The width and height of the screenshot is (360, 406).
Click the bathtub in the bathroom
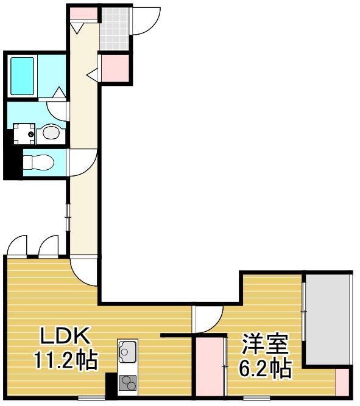click(22, 75)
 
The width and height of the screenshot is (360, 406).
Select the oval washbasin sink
click(51, 132)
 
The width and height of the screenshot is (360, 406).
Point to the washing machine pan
click(24, 133)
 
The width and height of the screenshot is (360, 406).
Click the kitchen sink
click(129, 351)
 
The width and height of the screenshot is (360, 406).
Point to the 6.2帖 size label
click(263, 368)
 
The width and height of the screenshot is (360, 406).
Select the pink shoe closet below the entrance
click(115, 68)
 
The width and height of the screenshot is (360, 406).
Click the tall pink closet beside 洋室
click(209, 365)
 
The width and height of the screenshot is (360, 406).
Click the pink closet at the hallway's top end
click(82, 13)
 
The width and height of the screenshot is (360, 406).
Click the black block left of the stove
click(111, 384)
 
